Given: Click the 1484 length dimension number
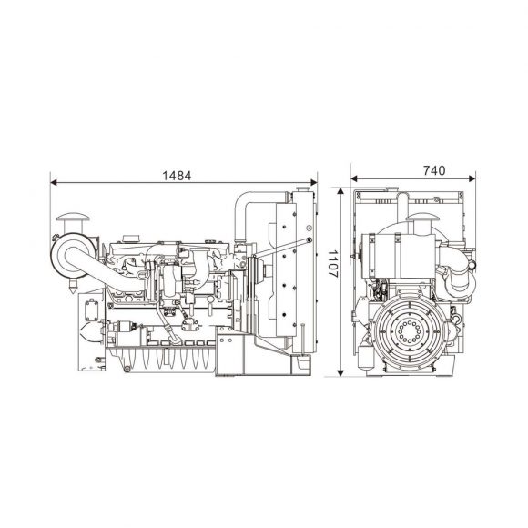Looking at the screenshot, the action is click(x=177, y=176).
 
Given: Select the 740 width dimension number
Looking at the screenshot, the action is click(x=434, y=171).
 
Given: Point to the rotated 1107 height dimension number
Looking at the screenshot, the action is click(x=333, y=263).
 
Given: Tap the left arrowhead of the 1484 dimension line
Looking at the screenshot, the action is click(x=53, y=182).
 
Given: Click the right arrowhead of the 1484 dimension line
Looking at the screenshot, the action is click(x=314, y=182).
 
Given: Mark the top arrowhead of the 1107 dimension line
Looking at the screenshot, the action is click(x=340, y=191).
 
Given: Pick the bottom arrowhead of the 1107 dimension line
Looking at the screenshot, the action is click(x=340, y=372).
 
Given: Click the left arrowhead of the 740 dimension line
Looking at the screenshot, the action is click(x=354, y=178).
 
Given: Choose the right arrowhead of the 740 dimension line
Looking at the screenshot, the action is click(x=472, y=178).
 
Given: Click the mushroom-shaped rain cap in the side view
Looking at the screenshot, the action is click(x=73, y=218).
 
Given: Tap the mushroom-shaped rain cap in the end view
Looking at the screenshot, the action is click(x=420, y=218).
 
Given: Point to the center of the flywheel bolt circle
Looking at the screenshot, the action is click(x=409, y=331).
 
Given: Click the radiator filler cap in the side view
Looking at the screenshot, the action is click(x=302, y=189).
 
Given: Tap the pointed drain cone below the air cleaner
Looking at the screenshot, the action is click(x=73, y=286).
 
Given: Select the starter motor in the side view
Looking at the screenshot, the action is click(x=123, y=326).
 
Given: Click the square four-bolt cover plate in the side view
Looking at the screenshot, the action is click(x=91, y=310).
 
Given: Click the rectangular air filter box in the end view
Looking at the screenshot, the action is click(x=401, y=256).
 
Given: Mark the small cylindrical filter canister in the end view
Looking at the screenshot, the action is click(x=365, y=356).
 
